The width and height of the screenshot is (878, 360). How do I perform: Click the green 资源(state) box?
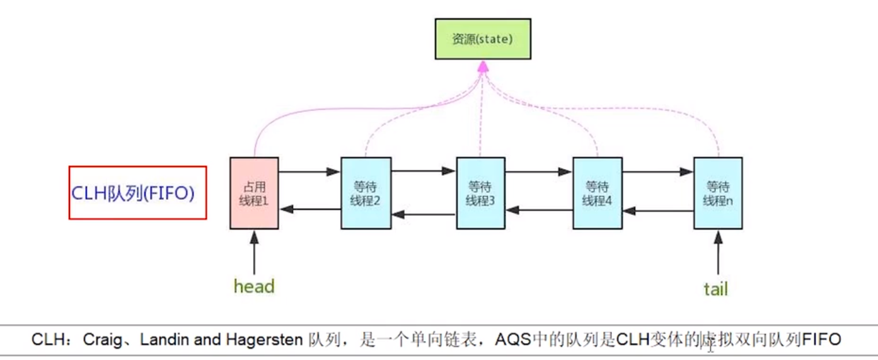coord(483,39)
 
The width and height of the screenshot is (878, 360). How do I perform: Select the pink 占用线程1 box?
coord(255,193)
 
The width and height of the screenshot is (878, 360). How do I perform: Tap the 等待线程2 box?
coord(366,193)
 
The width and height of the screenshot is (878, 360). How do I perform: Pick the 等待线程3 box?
coord(480,193)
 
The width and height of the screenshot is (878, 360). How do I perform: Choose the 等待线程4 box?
coord(598,193)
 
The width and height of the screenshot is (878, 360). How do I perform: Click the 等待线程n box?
coord(718,193)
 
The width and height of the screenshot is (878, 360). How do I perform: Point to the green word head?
coord(254,286)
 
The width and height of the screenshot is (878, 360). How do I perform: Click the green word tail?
coord(716,289)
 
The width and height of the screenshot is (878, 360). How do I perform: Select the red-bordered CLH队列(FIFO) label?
coord(137,192)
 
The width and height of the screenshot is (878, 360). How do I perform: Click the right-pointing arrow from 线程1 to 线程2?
coord(309,171)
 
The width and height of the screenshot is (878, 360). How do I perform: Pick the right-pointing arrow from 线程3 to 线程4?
coord(538,171)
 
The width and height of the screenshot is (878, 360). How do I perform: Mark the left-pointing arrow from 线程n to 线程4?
coord(658,211)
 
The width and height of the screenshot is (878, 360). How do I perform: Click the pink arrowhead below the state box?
coord(483,67)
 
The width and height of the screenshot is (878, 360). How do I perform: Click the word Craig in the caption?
coord(102,340)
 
